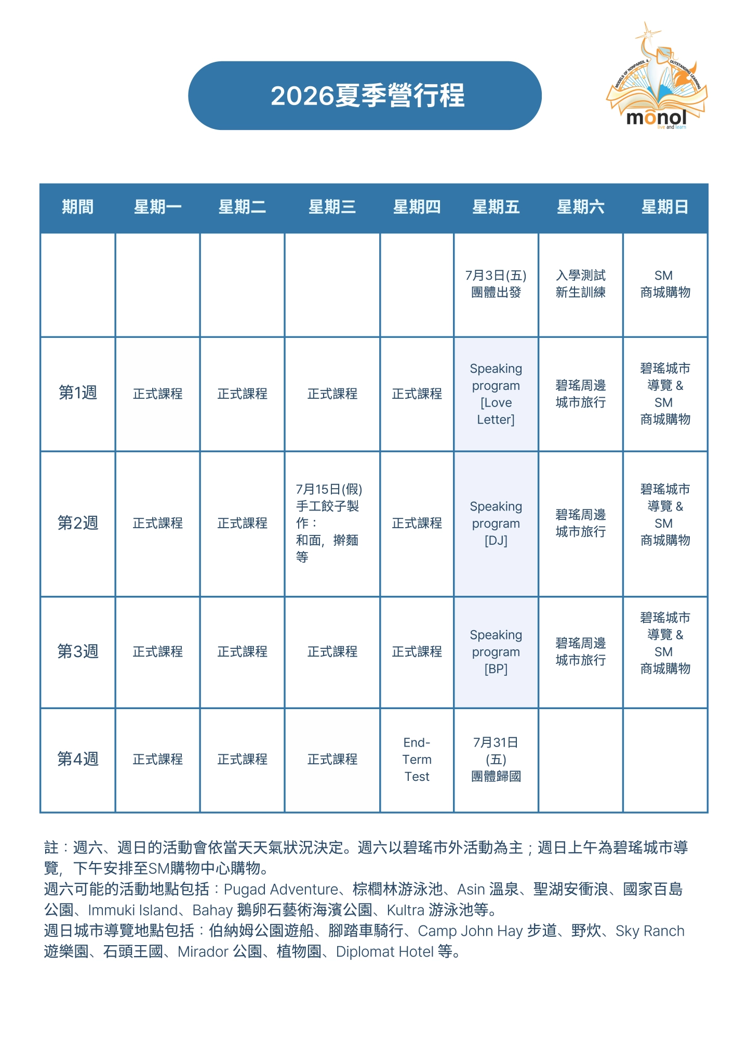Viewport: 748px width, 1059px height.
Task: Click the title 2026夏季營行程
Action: tap(367, 96)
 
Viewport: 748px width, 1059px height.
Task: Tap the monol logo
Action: tap(657, 78)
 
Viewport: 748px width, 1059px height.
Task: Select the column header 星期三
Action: tap(332, 207)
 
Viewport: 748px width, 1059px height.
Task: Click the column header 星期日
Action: tap(665, 207)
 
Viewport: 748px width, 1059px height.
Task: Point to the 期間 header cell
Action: tap(77, 207)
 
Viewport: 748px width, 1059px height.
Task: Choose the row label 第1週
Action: tap(77, 393)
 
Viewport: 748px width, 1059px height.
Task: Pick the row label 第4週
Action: tap(77, 759)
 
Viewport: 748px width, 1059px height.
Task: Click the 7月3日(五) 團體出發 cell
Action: tap(496, 284)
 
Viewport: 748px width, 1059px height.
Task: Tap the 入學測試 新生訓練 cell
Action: tap(580, 284)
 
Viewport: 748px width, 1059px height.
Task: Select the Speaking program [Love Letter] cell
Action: tap(496, 394)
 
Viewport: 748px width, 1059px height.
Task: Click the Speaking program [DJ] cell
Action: tap(496, 524)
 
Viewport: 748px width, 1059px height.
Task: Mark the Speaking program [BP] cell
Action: tap(496, 652)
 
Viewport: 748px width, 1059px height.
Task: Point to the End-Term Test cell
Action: tap(417, 760)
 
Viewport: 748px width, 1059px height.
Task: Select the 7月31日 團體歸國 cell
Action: tap(496, 760)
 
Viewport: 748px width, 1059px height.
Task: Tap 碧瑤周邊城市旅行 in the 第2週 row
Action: tap(580, 524)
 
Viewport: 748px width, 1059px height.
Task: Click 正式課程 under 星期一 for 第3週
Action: tap(157, 652)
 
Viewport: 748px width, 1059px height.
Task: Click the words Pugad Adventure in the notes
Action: tap(281, 890)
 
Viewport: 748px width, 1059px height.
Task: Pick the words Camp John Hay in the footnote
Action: tap(470, 931)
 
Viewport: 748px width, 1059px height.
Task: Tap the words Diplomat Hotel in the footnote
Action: tap(384, 952)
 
